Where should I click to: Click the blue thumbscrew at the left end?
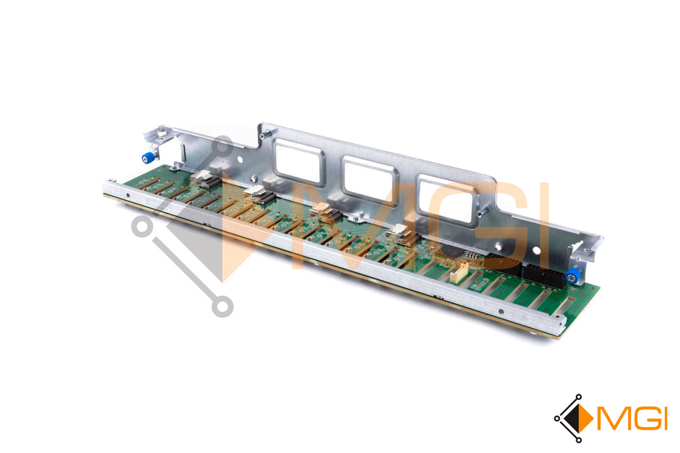coord(148,158)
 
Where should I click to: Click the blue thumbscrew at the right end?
coord(572,276)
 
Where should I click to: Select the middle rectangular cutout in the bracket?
coord(370,181)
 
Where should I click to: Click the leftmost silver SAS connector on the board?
coord(206,179)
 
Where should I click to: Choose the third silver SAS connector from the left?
coord(326,214)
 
